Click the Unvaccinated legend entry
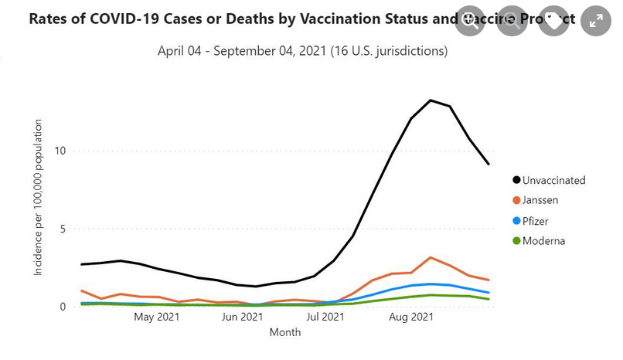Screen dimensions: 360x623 pos(553,180)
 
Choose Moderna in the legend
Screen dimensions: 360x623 pos(543,240)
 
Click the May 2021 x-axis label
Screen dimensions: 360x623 pos(157,317)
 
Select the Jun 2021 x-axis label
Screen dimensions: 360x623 pos(242,317)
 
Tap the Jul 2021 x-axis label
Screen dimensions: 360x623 pos(325,317)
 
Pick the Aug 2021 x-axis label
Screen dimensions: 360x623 pos(410,317)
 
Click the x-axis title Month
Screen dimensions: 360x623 pos(285,332)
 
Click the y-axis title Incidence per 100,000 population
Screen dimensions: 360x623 pos(39,198)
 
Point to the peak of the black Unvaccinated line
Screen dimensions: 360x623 pos(431,100)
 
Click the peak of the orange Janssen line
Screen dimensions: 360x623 pos(431,257)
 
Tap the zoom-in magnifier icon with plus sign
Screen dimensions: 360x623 pos(470,21)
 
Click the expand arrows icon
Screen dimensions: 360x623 pos(596,21)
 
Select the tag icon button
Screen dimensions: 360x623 pos(554,21)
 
